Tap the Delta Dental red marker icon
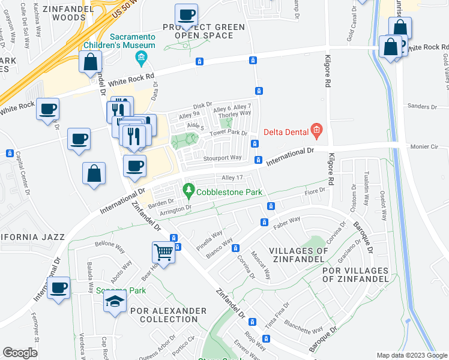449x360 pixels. [316, 130]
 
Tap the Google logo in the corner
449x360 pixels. [20, 353]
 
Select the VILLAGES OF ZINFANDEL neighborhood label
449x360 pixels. [298, 255]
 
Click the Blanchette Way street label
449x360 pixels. [306, 330]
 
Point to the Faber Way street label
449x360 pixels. [287, 220]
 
